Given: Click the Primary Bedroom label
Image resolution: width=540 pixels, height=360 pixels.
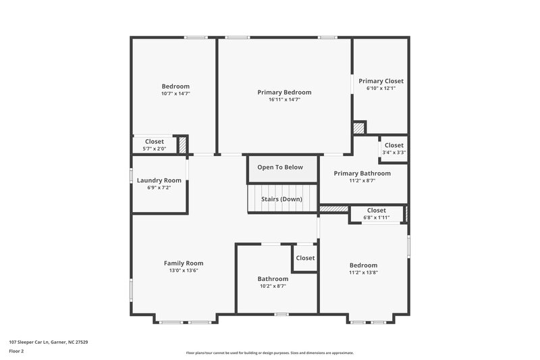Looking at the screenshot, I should (284, 92).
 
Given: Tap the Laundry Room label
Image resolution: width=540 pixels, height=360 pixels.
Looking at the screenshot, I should (159, 180).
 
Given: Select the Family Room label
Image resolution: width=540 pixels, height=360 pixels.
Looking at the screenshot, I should (184, 263).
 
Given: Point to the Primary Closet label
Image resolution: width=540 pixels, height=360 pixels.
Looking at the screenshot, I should (381, 81).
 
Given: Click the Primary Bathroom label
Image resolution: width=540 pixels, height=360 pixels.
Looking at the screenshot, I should (362, 174).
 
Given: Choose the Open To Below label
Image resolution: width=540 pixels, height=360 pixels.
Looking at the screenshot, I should (280, 168).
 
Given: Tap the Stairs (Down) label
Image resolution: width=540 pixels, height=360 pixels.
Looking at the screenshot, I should (281, 199).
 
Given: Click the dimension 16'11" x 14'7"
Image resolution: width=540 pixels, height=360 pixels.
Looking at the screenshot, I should (284, 99).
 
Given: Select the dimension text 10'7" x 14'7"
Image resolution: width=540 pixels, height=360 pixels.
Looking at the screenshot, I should (175, 94).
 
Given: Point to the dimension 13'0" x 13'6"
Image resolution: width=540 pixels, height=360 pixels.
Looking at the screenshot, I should (184, 270).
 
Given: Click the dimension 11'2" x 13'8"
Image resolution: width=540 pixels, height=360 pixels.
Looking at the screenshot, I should (363, 272).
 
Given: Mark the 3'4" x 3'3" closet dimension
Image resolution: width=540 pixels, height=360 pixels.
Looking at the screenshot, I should (394, 153).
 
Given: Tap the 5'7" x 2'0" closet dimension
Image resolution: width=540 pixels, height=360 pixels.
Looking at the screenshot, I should (155, 149).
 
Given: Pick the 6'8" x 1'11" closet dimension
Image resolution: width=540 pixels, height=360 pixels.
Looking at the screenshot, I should (377, 217).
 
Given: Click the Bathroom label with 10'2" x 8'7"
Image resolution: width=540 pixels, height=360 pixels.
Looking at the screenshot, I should (273, 279).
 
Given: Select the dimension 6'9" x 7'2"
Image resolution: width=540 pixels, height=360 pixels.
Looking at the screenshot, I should (159, 187).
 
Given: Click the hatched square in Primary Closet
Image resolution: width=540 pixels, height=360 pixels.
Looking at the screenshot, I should (359, 128).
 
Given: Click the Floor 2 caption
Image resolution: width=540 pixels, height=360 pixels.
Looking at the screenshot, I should (16, 351).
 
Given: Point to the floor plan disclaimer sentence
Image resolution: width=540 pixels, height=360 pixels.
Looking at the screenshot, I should (269, 353).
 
